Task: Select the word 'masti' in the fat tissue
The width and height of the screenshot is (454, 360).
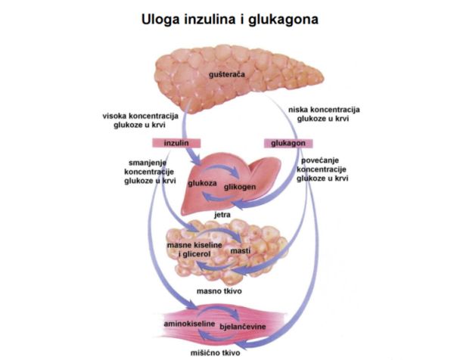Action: (241, 251)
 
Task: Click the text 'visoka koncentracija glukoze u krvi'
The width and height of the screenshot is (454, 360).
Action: (141, 120)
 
